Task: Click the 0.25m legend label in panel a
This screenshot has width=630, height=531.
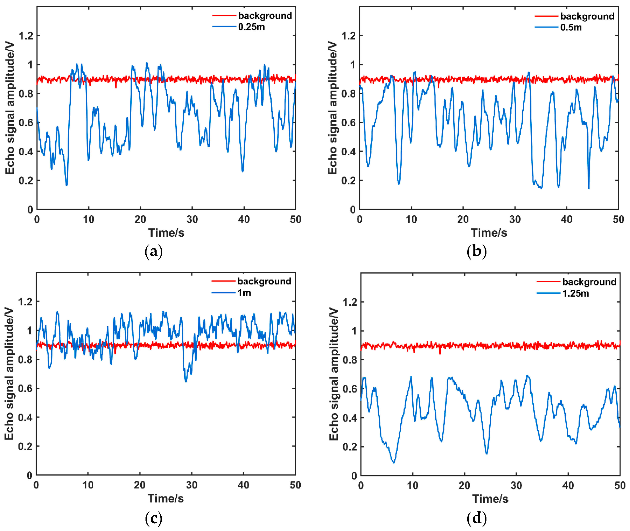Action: (251, 27)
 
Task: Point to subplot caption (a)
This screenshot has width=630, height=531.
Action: (154, 251)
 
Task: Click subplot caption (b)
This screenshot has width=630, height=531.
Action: (476, 251)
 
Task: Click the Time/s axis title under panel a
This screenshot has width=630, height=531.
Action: (166, 233)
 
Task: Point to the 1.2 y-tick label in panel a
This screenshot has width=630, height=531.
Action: (26, 36)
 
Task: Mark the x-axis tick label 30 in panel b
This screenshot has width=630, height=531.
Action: (515, 219)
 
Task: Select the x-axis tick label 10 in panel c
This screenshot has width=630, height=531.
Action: (88, 485)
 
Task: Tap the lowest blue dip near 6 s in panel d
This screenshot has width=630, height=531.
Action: (393, 462)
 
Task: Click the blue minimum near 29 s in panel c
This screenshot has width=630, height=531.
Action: (186, 381)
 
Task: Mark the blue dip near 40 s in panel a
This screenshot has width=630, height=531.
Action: (243, 171)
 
